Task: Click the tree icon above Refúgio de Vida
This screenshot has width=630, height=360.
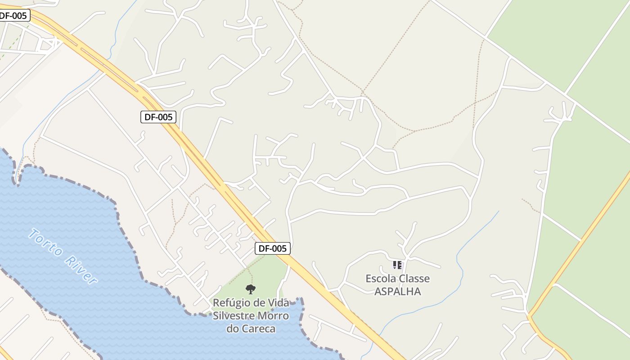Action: pyautogui.click(x=251, y=289)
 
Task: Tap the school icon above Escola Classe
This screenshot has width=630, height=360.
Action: pyautogui.click(x=397, y=265)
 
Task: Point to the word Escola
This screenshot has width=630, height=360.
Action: pyautogui.click(x=380, y=279)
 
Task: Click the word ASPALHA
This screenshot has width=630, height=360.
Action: pyautogui.click(x=398, y=291)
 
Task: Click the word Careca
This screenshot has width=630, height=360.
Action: pyautogui.click(x=258, y=328)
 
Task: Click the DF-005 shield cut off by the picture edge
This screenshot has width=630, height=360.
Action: pyautogui.click(x=13, y=15)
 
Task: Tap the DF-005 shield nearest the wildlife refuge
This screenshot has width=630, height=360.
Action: pyautogui.click(x=272, y=248)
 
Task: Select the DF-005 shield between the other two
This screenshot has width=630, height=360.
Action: pyautogui.click(x=157, y=117)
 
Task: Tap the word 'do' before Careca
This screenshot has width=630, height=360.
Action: pyautogui.click(x=232, y=328)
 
